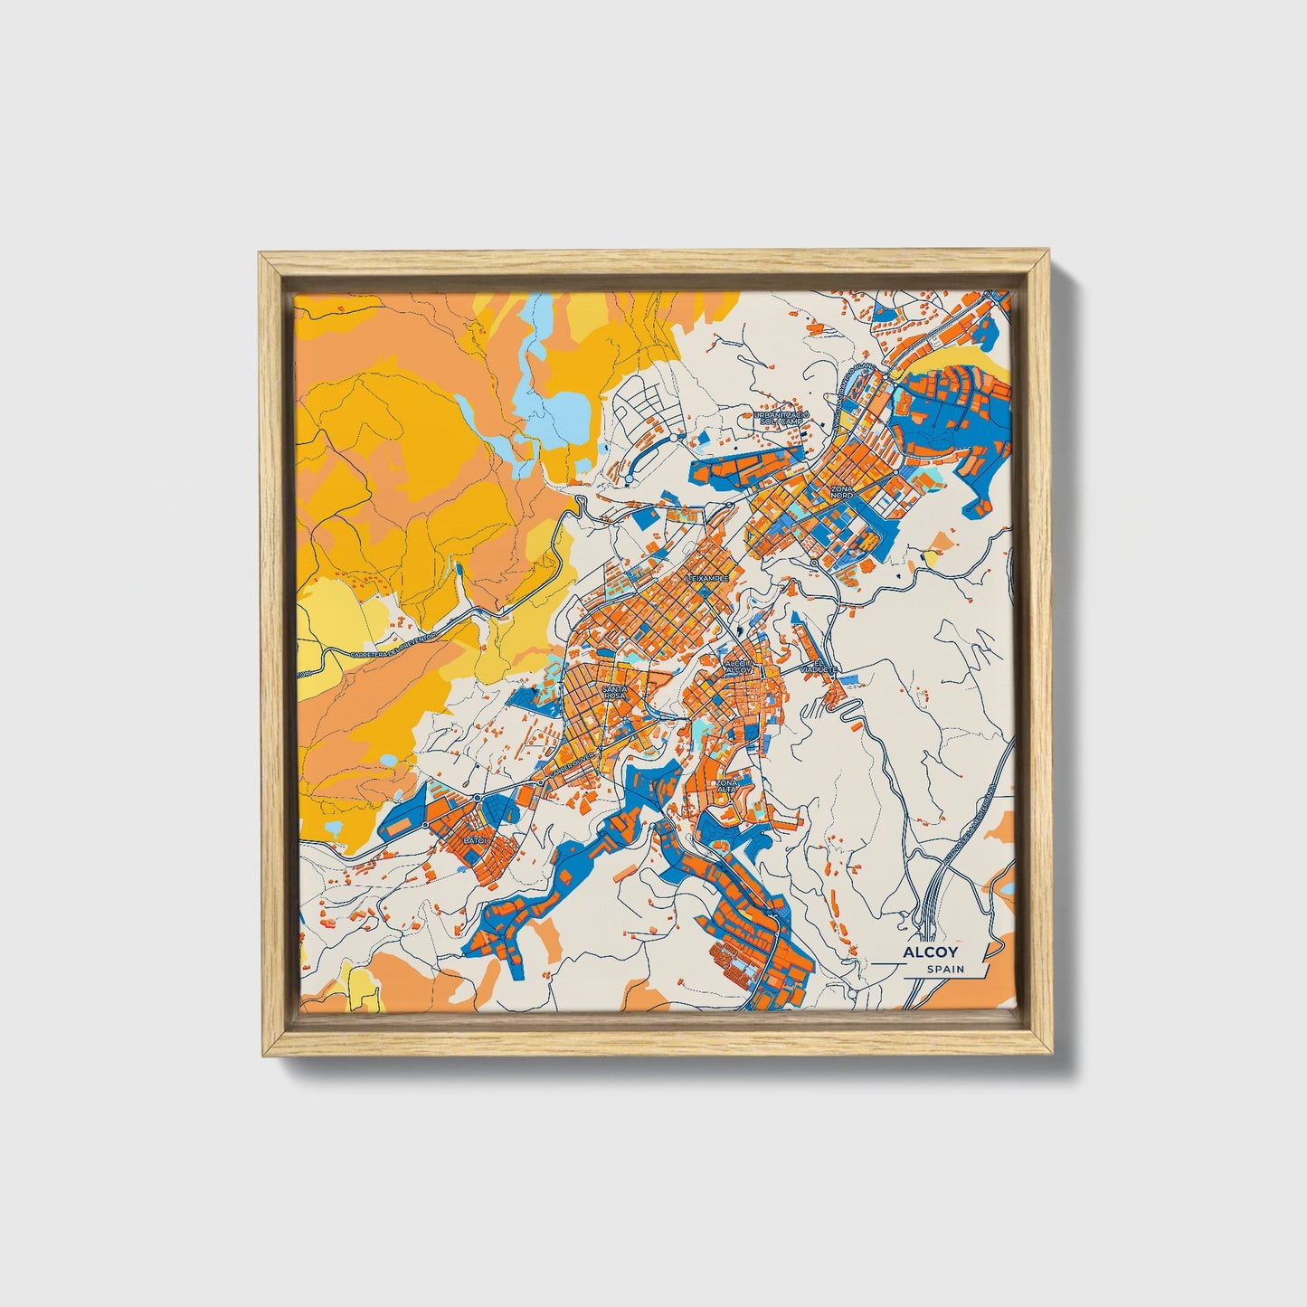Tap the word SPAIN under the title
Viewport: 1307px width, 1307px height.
tap(945, 970)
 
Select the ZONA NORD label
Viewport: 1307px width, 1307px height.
tap(841, 492)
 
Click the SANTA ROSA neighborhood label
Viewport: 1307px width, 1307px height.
tap(613, 692)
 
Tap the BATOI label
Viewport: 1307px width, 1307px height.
tap(475, 840)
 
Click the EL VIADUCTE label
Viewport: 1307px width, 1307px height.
tap(826, 667)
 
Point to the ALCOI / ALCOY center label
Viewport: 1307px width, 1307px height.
tap(738, 667)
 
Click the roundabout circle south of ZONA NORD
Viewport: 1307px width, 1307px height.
tap(814, 563)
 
